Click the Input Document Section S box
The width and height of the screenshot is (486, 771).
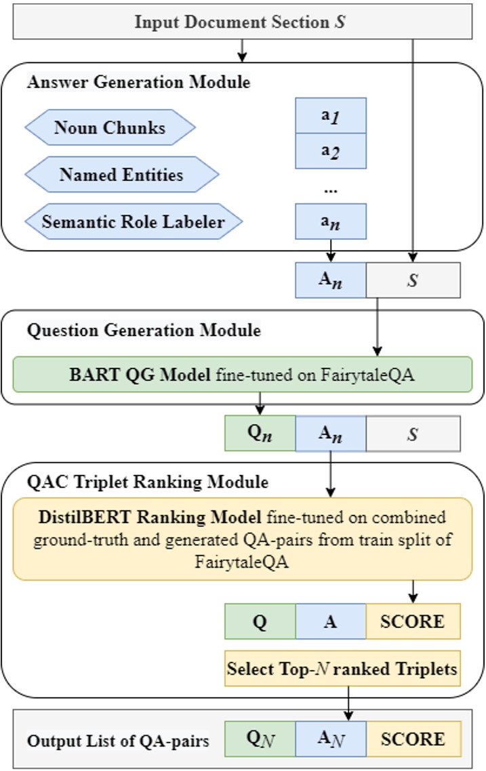[241, 21]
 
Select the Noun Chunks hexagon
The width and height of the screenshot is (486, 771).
[110, 127]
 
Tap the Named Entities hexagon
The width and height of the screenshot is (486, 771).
[121, 175]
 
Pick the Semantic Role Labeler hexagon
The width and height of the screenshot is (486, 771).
[133, 221]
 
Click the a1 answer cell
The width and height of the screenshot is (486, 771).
[331, 115]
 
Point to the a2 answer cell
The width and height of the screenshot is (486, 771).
[331, 150]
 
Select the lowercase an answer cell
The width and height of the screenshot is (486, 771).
[331, 221]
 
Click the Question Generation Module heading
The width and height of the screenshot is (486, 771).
[143, 331]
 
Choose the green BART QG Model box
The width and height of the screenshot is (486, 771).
[241, 374]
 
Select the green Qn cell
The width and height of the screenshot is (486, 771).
[260, 434]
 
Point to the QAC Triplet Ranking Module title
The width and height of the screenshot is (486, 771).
[147, 482]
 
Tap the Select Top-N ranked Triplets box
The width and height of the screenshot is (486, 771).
[342, 669]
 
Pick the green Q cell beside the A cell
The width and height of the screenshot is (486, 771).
[260, 622]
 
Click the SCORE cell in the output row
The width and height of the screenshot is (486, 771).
[413, 738]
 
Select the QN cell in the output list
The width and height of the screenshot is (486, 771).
[260, 738]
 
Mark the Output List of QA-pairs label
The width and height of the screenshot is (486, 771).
[118, 741]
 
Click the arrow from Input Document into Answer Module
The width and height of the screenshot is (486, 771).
[241, 50]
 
